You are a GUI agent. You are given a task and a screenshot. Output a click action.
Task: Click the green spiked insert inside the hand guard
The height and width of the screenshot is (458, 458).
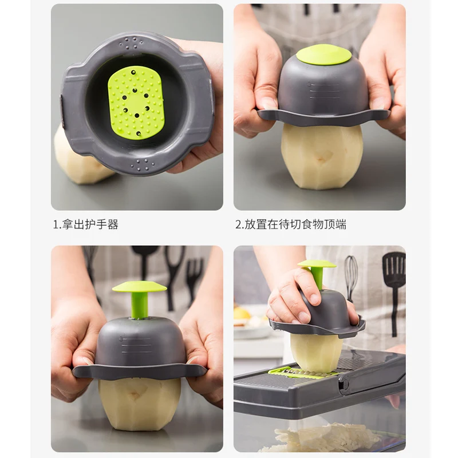136,102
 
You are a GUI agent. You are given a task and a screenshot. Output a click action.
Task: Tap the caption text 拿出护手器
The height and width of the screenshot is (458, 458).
90,224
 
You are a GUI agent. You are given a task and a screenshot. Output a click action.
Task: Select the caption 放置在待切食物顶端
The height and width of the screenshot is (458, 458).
294,224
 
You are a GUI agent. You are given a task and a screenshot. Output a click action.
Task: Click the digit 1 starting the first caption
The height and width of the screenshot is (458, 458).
56,224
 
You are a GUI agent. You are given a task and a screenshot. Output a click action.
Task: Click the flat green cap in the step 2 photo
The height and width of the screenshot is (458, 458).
323,54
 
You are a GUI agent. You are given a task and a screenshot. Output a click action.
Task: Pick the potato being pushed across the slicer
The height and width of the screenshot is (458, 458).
316,350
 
